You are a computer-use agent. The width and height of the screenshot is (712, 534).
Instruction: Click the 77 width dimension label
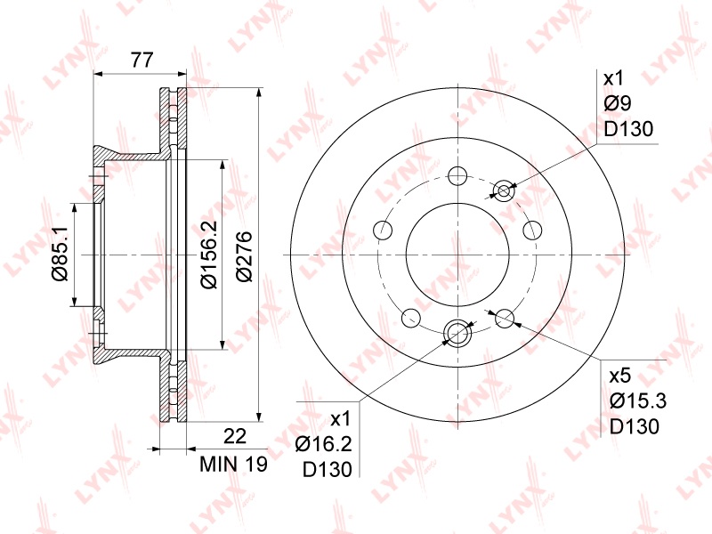142,60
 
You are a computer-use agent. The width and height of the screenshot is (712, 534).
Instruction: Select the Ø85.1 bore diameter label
60,254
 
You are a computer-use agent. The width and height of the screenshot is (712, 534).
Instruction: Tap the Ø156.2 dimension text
210,255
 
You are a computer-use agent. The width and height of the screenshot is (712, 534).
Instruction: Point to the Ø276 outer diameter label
243,256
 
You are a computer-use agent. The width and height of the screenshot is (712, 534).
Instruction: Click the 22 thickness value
235,436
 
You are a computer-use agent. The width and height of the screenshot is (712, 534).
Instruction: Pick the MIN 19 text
234,464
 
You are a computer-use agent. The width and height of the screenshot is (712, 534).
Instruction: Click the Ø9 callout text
618,103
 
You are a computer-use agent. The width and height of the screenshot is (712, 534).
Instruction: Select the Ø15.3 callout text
637,401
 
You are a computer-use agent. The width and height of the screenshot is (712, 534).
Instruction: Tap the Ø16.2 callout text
323,444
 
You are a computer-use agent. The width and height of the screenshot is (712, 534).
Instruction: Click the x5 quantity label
620,376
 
